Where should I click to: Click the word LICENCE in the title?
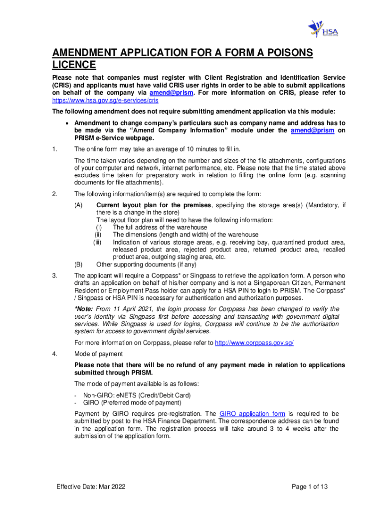tap(74, 65)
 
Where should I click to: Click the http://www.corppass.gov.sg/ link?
tap(254, 343)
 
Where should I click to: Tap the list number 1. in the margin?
tap(55, 149)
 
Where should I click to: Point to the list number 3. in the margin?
tap(55, 275)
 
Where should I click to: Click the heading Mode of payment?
tap(99, 354)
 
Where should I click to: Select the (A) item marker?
tap(79, 205)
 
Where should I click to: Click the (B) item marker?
tap(79, 264)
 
